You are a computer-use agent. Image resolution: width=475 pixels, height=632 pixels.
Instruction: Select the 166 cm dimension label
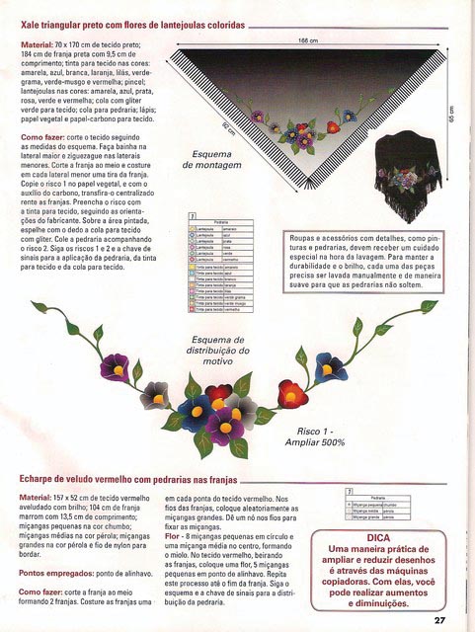307,40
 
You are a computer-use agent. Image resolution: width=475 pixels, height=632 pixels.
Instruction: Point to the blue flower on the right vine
330,368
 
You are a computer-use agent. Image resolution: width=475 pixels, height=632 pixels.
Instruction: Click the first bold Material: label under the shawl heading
39,45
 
